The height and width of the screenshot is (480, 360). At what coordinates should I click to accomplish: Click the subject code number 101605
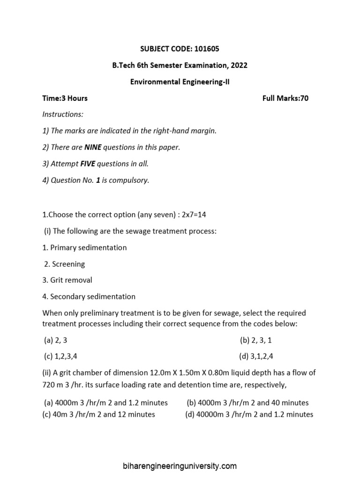204,49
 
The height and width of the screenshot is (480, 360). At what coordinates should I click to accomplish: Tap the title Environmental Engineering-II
180,82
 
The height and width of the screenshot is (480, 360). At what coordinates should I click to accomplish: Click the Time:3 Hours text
65,98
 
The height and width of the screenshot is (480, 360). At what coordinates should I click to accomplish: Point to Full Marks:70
285,98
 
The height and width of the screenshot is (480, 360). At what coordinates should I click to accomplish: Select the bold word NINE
92,147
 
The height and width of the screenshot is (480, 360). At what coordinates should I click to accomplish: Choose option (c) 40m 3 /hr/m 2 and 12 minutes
99,414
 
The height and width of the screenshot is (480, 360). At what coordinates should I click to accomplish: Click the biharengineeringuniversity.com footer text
180,466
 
